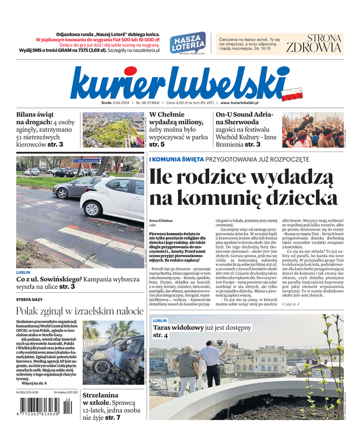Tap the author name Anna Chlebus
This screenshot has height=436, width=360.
point(161,220)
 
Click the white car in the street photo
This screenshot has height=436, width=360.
point(114,197)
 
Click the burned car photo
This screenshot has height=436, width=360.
point(113,352)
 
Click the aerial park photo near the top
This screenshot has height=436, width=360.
point(113,130)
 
